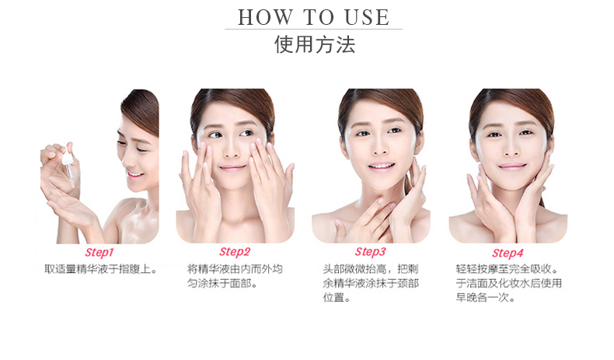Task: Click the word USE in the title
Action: click(x=367, y=18)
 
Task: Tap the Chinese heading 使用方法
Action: click(x=315, y=44)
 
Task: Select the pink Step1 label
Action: click(x=99, y=253)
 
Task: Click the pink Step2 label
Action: click(x=235, y=252)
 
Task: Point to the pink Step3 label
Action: click(x=371, y=252)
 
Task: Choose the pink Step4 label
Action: click(x=508, y=253)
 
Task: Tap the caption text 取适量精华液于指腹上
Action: click(x=100, y=269)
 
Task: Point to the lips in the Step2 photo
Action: click(x=232, y=168)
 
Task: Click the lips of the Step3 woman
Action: click(x=381, y=166)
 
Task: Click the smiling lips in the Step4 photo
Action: click(x=512, y=166)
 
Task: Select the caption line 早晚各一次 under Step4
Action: click(x=485, y=297)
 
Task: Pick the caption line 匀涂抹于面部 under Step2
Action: click(x=222, y=283)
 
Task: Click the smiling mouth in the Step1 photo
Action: click(x=135, y=175)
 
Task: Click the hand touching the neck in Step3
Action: click(x=366, y=219)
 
